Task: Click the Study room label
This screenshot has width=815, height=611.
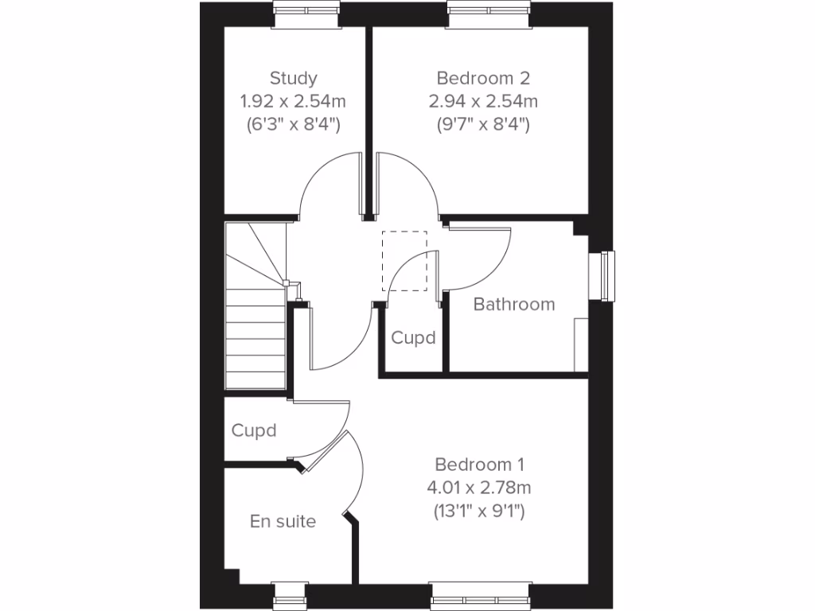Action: tap(293, 78)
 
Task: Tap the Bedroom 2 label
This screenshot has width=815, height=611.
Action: tap(483, 78)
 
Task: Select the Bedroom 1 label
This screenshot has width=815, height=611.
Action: tap(479, 464)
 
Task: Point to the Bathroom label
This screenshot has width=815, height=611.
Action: tap(514, 304)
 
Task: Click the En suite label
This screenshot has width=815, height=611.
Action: tap(283, 521)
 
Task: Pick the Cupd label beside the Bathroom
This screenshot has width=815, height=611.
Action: tap(414, 337)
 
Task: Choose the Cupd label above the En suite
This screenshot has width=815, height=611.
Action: tap(254, 430)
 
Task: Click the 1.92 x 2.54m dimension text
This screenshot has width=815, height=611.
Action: tap(293, 101)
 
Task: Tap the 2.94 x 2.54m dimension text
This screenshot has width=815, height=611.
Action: tap(483, 101)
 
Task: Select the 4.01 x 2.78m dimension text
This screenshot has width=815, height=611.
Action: tap(479, 487)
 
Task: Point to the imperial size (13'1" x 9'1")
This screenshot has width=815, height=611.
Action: tap(479, 511)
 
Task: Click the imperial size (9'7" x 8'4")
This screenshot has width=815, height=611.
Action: tap(483, 124)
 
